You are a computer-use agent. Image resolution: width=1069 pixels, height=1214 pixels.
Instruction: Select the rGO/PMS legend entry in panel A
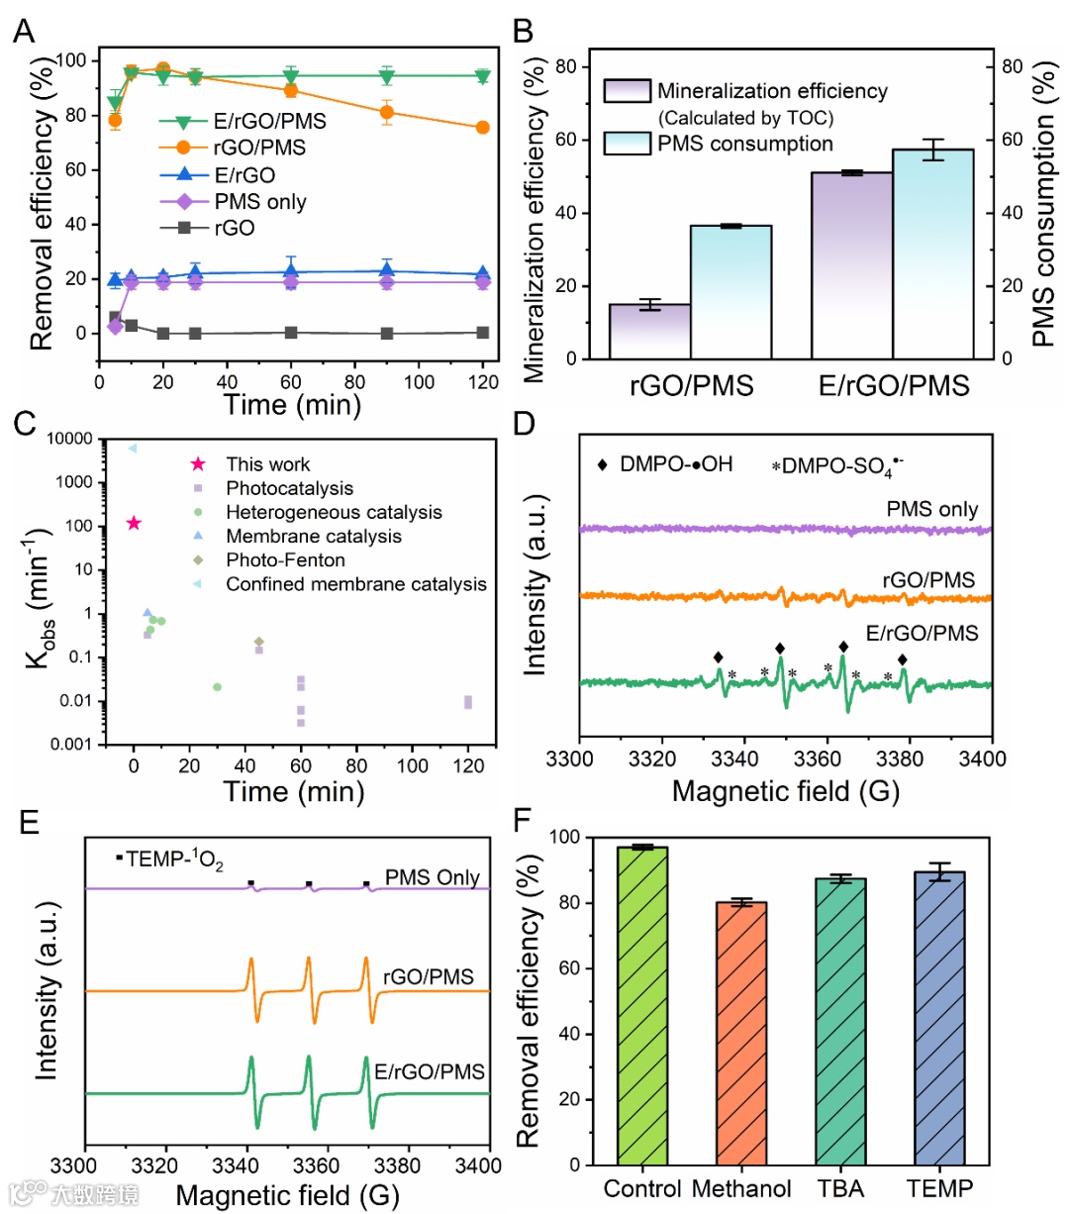point(259,148)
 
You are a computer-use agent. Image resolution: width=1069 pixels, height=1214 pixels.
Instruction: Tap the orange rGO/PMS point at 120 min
point(482,128)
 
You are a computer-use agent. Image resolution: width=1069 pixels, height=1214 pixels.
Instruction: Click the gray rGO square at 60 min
point(291,333)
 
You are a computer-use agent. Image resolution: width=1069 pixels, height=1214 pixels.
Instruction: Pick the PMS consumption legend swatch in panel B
point(627,144)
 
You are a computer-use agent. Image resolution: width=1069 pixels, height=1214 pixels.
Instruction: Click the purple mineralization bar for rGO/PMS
point(649,331)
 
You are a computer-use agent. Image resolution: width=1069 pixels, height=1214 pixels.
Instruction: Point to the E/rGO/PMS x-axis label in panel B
point(893,385)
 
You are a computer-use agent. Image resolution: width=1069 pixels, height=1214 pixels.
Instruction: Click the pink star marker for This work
point(134,523)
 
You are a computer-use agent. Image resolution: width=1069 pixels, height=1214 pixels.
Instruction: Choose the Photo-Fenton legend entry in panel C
point(285,560)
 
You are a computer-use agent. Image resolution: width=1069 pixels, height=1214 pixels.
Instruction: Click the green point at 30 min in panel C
point(217,687)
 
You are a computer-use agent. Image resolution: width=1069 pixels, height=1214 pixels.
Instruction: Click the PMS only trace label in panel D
point(931,510)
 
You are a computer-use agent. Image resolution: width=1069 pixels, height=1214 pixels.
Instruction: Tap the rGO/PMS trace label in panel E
point(428,977)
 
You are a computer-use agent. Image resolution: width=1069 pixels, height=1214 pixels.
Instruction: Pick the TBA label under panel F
point(840,1188)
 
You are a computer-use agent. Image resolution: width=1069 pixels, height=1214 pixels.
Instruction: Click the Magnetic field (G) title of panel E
point(287,1195)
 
